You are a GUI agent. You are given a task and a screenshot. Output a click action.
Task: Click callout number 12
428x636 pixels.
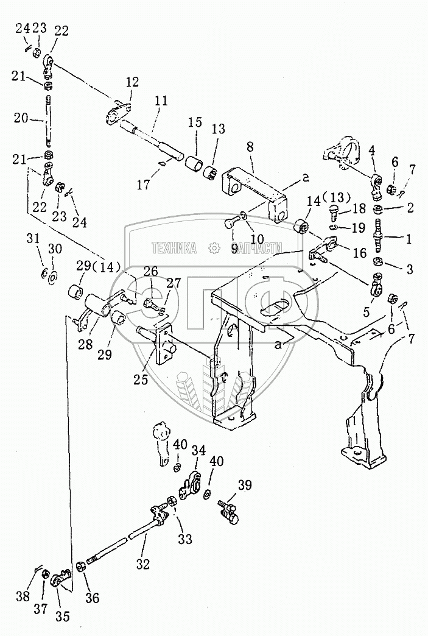[133, 81]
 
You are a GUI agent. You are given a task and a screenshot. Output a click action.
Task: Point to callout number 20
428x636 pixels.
[21, 119]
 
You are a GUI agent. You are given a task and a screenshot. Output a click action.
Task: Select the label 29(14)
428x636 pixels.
[99, 266]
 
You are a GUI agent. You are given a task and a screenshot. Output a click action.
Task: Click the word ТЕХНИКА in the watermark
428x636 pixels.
[174, 247]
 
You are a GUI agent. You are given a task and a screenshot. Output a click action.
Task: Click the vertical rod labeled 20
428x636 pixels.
[47, 122]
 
